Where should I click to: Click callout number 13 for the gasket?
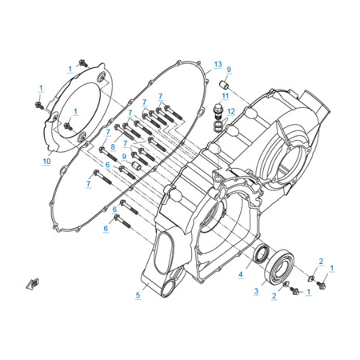(x=218, y=64)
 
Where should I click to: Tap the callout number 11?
(x=226, y=96)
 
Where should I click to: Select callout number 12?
(x=231, y=111)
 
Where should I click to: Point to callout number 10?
(x=46, y=161)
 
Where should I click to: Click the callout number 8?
(x=113, y=146)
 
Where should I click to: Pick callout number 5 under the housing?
(x=138, y=295)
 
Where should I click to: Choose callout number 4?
(x=241, y=274)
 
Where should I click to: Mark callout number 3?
(x=256, y=291)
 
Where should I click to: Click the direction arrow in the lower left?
(x=33, y=284)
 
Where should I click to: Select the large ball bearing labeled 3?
(x=279, y=265)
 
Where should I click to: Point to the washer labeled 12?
(x=218, y=126)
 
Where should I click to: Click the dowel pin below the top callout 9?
(x=223, y=85)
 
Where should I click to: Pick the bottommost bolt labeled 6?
(x=122, y=222)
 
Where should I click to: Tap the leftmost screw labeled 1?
(x=39, y=106)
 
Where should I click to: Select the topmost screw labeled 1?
(x=83, y=63)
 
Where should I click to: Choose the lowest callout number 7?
(x=88, y=183)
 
